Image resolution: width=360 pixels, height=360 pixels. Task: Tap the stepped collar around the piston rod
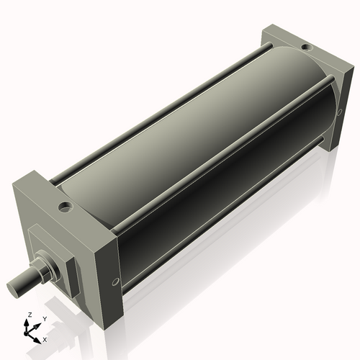tap(48, 266)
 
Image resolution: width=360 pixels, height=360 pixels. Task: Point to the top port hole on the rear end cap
tap(307, 49)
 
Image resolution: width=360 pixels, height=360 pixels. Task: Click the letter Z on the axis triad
tap(29, 315)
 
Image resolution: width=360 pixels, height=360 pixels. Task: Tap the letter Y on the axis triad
tap(44, 318)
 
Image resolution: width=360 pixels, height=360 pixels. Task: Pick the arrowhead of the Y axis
tap(38, 325)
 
